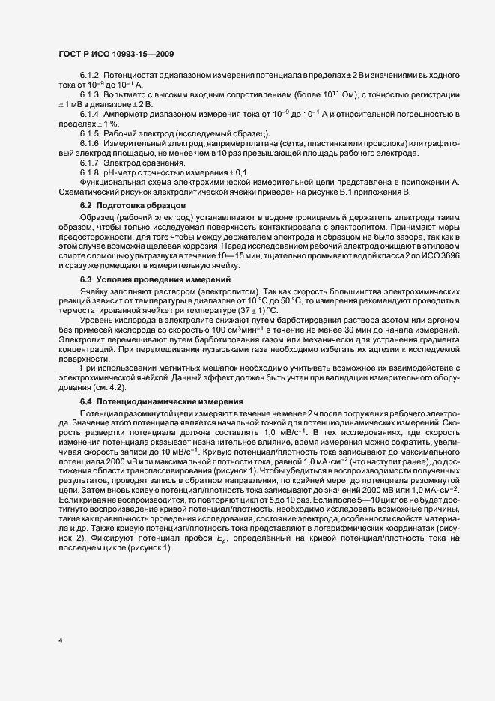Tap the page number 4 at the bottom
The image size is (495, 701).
(60, 640)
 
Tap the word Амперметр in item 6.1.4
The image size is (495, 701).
(126, 114)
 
